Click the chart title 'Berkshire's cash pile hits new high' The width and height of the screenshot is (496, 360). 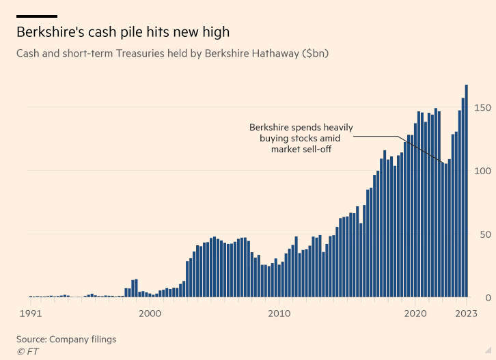123,31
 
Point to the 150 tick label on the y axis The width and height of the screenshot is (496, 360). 482,107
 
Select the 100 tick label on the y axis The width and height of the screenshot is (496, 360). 482,171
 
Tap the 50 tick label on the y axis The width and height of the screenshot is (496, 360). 485,234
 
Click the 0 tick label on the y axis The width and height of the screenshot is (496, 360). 488,297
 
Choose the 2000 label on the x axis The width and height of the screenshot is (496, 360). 150,314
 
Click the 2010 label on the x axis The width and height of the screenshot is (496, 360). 279,314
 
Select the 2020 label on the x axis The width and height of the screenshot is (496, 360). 415,314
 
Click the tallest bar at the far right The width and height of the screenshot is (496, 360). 467,191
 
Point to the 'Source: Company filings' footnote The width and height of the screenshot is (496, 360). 66,339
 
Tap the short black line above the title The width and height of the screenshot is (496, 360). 37,16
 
